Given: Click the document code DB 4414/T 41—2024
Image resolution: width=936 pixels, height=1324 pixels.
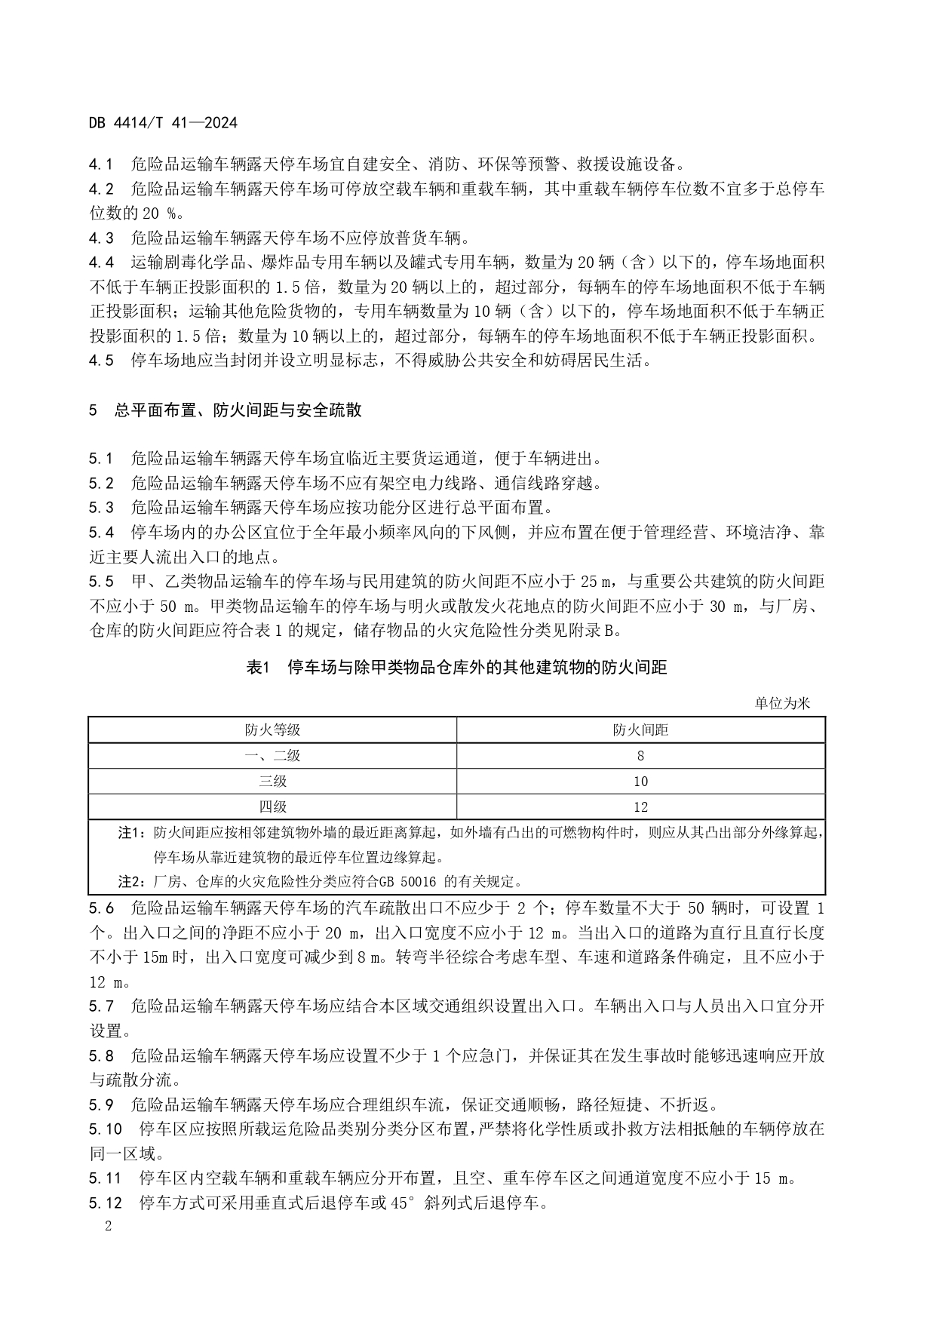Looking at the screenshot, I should point(163,122).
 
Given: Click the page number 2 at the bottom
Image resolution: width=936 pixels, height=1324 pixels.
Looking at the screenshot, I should point(108,1225).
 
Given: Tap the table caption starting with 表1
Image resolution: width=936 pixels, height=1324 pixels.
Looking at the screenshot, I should point(457,667).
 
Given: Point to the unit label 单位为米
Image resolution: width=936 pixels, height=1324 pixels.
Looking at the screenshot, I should point(782,703).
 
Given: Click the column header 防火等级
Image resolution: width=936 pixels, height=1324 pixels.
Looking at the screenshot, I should point(272,730).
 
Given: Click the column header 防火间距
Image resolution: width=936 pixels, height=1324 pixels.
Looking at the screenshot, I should point(640,730).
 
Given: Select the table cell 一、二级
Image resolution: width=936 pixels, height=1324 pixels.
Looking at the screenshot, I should point(272,755).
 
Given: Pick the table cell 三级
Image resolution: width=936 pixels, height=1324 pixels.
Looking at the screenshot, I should point(272,781).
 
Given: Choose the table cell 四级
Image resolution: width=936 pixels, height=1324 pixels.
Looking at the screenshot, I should point(272,806).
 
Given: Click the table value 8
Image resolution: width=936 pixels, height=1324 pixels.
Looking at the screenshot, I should point(640,755).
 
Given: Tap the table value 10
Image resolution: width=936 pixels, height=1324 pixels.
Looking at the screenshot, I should point(640,781).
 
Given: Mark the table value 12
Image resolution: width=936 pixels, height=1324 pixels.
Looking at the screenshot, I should point(640,806).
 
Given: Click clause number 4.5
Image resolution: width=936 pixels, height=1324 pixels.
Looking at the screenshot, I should point(101,360).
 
